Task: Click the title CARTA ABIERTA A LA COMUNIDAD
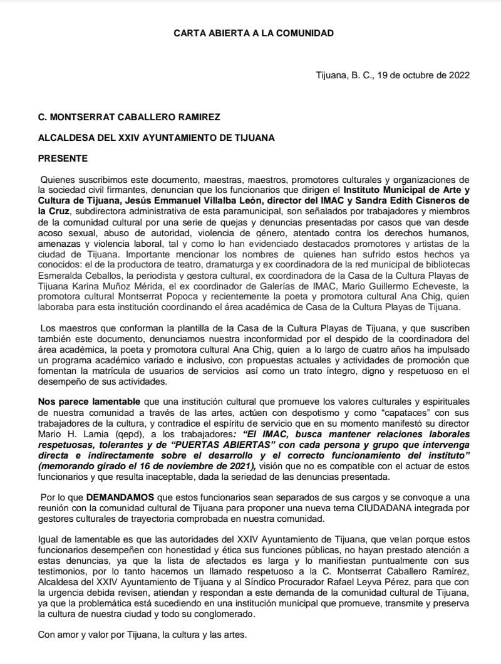click(254, 33)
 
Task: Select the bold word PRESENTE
click(63, 158)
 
